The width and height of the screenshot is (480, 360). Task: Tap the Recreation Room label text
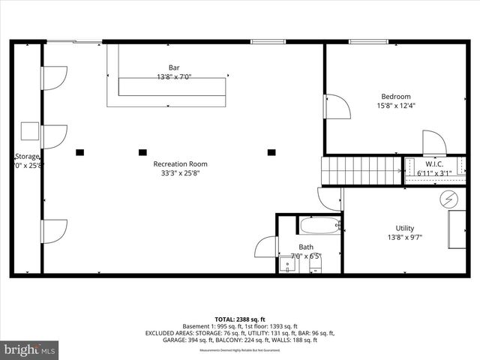click(180, 163)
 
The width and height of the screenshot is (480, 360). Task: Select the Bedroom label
click(396, 96)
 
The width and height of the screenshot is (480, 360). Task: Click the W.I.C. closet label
click(435, 164)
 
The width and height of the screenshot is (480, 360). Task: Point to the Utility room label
click(405, 229)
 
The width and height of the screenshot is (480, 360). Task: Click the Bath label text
click(306, 247)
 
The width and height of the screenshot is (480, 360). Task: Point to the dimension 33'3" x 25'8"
click(181, 173)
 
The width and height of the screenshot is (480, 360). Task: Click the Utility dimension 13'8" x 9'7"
click(405, 238)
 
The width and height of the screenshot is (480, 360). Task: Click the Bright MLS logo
click(30, 349)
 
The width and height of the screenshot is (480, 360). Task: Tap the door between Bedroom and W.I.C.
click(434, 142)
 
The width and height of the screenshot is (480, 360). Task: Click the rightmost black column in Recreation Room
click(271, 151)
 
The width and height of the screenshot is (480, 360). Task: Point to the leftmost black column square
click(79, 151)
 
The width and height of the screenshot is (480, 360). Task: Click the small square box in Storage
click(31, 130)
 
